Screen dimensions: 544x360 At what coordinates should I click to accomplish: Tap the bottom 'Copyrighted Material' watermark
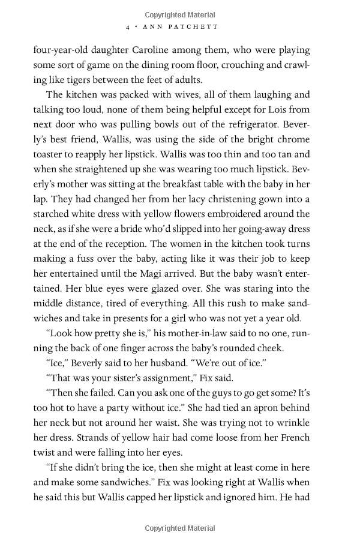click(x=180, y=528)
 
